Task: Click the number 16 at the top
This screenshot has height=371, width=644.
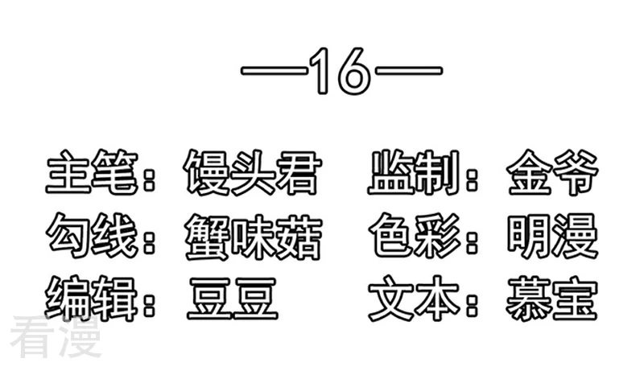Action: pyautogui.click(x=341, y=71)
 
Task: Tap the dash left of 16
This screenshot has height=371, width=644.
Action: pyautogui.click(x=274, y=71)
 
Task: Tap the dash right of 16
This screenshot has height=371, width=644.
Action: pyautogui.click(x=410, y=71)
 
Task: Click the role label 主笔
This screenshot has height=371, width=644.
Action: pyautogui.click(x=92, y=172)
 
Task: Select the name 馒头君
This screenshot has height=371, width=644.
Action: pyautogui.click(x=251, y=172)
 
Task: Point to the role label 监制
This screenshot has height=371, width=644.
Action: pyautogui.click(x=414, y=172)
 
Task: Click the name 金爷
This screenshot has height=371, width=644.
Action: pyautogui.click(x=552, y=172)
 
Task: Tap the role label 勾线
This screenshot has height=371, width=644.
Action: pyautogui.click(x=92, y=236)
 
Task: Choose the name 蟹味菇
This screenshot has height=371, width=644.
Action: pyautogui.click(x=253, y=237)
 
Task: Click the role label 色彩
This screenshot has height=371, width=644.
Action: pyautogui.click(x=415, y=236)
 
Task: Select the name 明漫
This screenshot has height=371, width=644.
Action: pyautogui.click(x=552, y=237)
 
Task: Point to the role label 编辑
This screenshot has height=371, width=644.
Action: pyautogui.click(x=91, y=299)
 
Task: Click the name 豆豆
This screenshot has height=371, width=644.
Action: pyautogui.click(x=233, y=299)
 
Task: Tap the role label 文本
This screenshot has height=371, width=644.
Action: pyautogui.click(x=415, y=299)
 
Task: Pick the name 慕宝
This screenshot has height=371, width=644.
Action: pyautogui.click(x=552, y=299)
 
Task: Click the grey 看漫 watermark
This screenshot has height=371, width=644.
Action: pyautogui.click(x=56, y=337)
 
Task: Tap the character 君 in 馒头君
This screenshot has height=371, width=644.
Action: pyautogui.click(x=297, y=172)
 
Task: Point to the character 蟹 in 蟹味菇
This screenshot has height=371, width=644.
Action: pyautogui.click(x=207, y=237)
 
